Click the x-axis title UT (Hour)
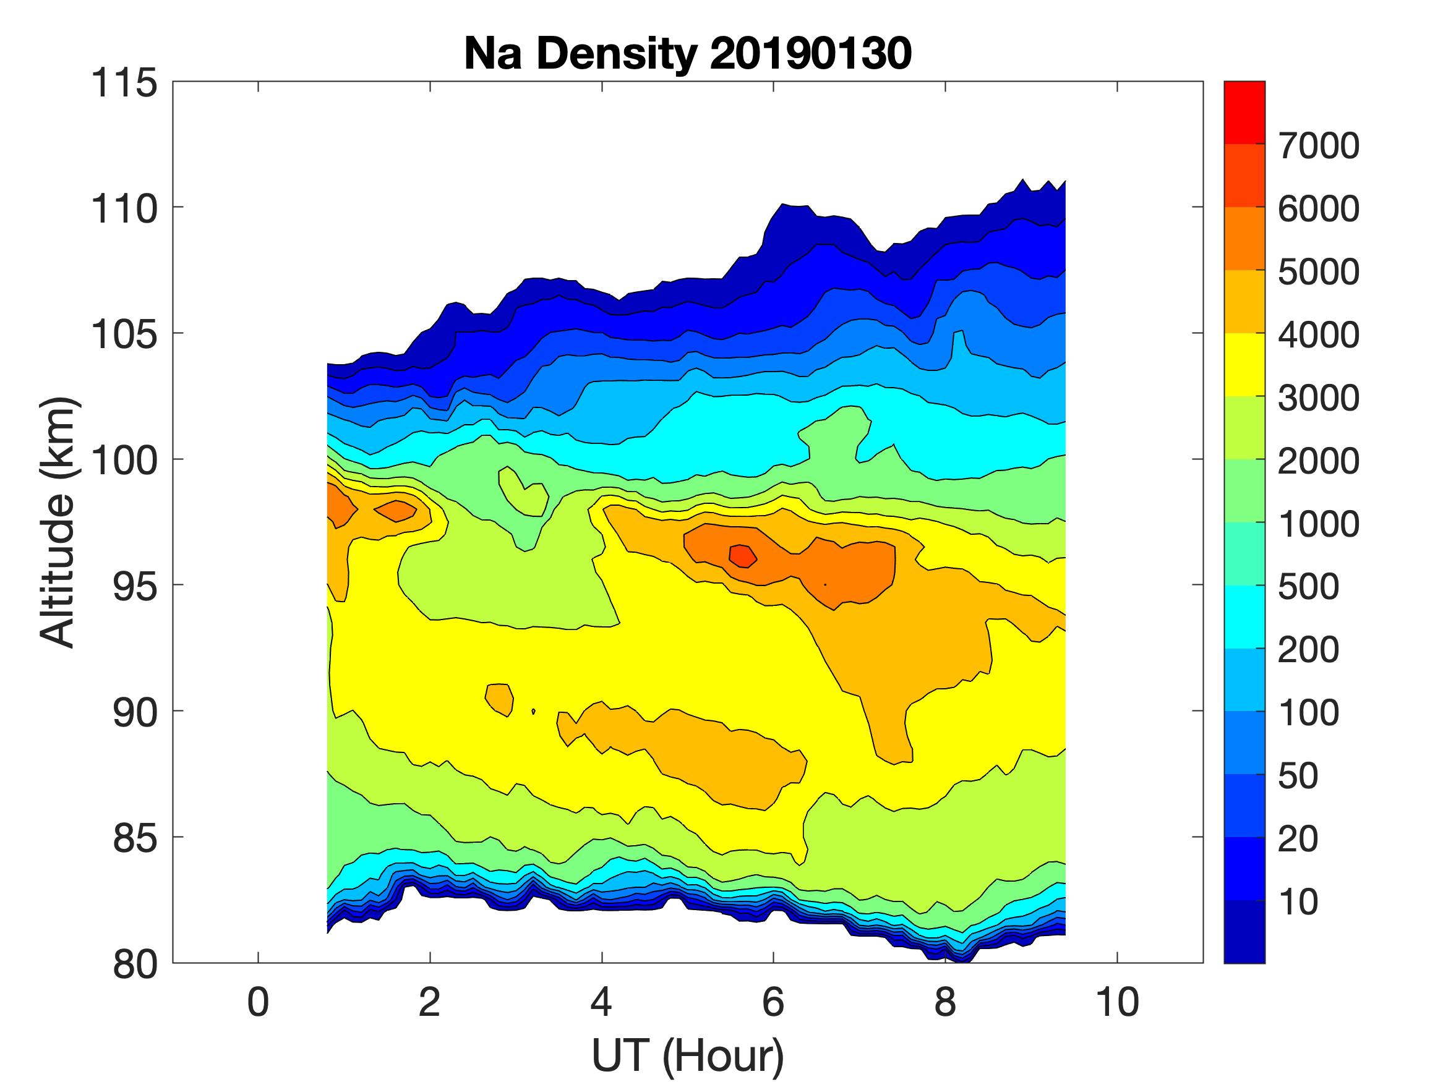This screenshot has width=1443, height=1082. (x=688, y=1055)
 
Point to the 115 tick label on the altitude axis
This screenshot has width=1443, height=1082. (x=124, y=83)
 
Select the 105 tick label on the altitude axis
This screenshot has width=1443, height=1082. (x=124, y=334)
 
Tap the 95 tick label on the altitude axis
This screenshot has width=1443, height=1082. (x=134, y=586)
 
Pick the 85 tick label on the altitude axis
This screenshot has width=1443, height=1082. (x=134, y=838)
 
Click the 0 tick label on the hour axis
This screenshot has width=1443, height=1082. (x=259, y=1002)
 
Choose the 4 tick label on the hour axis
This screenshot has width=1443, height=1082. (x=601, y=1002)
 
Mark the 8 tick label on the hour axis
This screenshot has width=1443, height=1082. (x=945, y=1002)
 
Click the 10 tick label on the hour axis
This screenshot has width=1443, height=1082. (x=1117, y=1002)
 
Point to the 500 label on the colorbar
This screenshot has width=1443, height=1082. (x=1308, y=586)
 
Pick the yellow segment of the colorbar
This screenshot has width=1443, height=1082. (x=1244, y=365)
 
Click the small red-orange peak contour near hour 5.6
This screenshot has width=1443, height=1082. (x=742, y=556)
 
